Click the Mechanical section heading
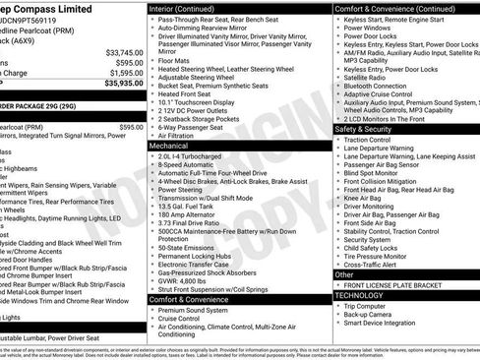pyautogui.click(x=169, y=145)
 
